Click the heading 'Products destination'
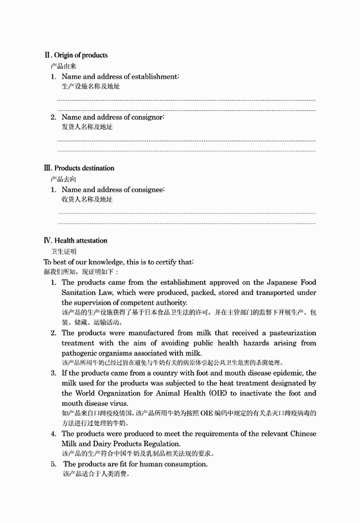[x=84, y=168]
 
